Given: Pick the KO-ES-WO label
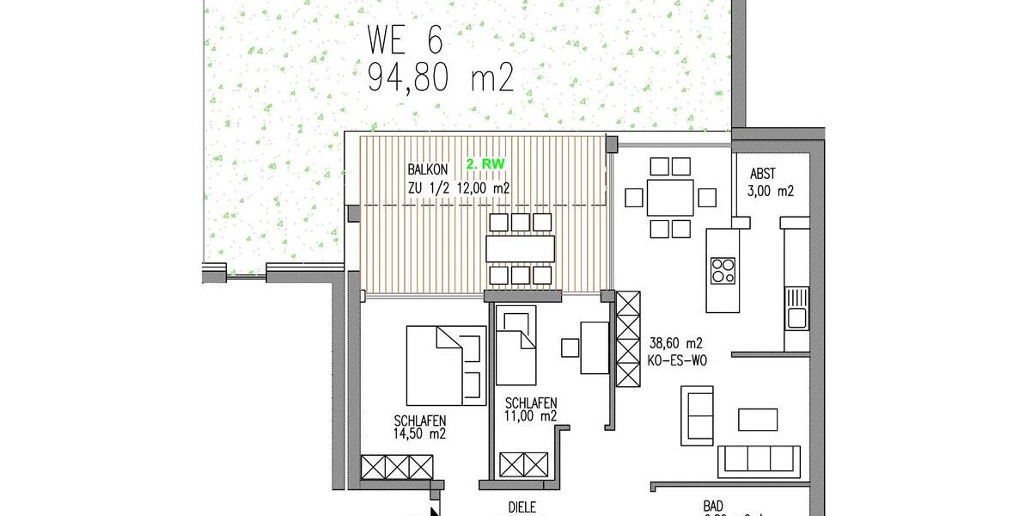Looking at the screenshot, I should coord(677,361).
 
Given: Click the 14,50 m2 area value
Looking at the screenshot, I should coord(419,434).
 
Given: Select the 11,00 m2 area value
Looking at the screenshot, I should coord(531,416).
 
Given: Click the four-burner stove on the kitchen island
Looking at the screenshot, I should coord(722,270).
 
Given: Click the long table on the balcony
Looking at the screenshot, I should coord(520,249).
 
